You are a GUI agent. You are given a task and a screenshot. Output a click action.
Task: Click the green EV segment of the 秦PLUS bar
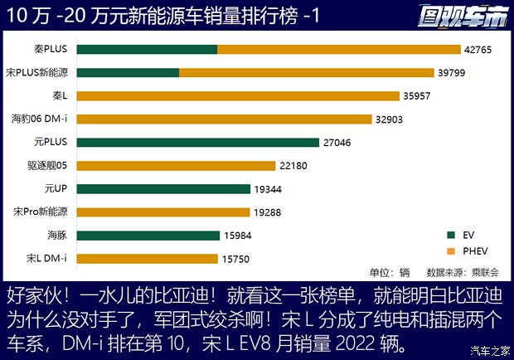[148, 49]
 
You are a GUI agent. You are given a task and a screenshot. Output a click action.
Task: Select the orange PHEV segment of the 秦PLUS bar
[338, 49]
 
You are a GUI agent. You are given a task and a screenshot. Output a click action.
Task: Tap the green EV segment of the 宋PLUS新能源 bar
[128, 72]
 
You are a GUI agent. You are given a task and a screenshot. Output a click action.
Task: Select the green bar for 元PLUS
[199, 142]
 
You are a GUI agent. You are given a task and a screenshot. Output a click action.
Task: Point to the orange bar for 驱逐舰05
[177, 165]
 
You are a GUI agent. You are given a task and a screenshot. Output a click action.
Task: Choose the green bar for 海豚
[148, 236]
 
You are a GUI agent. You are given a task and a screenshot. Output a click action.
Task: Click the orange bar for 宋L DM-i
[148, 259]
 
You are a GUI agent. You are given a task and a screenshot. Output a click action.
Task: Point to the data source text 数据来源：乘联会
[457, 272]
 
